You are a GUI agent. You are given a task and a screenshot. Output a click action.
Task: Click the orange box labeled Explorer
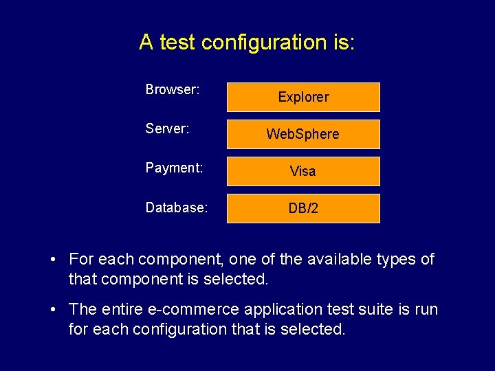tap(303, 97)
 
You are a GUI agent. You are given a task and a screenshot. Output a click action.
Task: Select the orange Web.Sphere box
tap(303, 134)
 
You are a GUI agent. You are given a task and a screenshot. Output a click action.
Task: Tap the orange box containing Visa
tap(303, 171)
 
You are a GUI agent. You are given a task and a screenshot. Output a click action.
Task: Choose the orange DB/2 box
tap(303, 208)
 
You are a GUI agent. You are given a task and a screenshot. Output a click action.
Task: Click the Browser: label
tap(173, 89)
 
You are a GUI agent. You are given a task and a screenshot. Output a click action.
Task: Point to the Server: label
tap(168, 127)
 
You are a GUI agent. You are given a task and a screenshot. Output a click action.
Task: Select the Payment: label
tap(174, 168)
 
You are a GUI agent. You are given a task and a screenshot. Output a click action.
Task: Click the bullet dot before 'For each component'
tap(53, 260)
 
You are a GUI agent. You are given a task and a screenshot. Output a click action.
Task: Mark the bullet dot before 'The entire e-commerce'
tap(53, 310)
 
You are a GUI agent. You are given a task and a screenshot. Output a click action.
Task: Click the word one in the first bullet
tap(243, 260)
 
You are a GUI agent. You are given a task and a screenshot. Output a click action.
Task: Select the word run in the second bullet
tap(426, 310)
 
